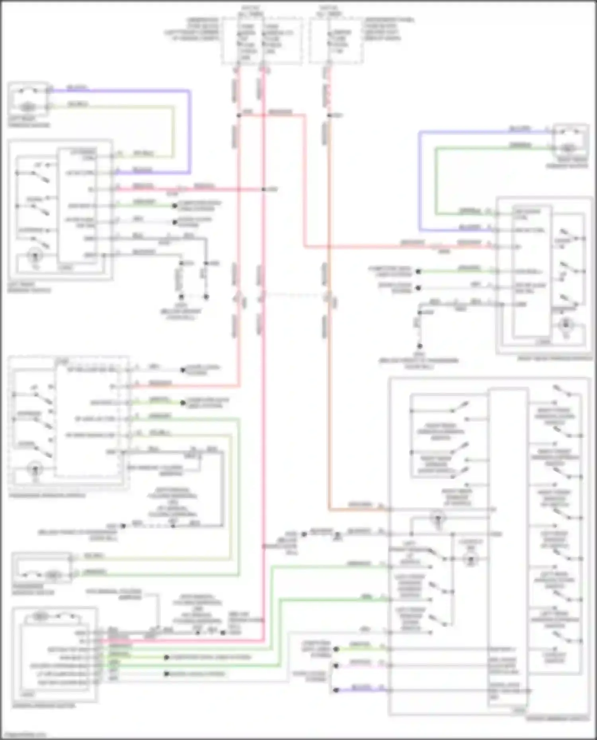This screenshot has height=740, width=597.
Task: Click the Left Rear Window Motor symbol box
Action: [28, 99]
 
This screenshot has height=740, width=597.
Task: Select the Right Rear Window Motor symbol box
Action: [570, 141]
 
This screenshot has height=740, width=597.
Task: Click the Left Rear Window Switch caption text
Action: [29, 287]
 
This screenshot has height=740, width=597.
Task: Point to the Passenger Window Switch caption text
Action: [47, 496]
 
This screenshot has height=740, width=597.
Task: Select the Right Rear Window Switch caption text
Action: [555, 358]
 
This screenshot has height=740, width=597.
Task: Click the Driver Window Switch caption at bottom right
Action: [557, 719]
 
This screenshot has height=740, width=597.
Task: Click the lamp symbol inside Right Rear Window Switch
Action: [566, 325]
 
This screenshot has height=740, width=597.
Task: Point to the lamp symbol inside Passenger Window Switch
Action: [35, 468]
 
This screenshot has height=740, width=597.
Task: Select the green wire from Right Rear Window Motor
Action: [436, 179]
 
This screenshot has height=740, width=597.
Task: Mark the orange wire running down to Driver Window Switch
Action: [329, 398]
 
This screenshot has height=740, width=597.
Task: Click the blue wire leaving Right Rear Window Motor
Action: [419, 179]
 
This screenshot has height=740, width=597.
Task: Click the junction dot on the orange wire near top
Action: [329, 115]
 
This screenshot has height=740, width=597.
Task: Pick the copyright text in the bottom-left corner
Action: [24, 735]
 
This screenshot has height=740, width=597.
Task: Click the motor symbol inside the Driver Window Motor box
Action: [39, 616]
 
